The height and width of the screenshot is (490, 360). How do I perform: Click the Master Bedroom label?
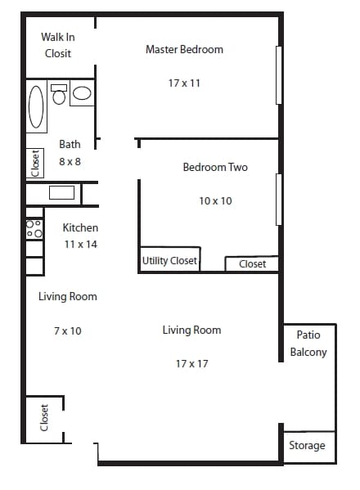184,50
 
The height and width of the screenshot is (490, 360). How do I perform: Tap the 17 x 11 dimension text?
184,83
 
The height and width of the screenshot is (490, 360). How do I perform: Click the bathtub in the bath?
37,106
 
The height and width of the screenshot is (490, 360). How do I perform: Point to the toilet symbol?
59,95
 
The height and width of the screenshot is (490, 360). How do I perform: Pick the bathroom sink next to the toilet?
82,93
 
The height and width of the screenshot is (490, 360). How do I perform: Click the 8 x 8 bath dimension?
70,162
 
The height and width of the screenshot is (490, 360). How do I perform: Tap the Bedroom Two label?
214,168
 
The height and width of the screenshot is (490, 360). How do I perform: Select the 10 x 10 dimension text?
215,200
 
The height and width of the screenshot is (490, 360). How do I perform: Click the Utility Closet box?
169,261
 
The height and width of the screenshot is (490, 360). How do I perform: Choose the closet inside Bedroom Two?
252,263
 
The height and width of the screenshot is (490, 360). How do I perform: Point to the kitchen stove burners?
34,228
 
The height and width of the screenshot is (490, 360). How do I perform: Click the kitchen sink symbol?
61,194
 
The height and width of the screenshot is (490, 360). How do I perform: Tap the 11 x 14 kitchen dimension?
81,244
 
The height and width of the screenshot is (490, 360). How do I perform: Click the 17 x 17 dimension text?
191,363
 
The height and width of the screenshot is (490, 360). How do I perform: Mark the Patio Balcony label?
308,344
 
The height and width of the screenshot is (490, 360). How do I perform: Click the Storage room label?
308,446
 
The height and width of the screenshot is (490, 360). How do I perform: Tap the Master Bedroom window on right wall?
279,75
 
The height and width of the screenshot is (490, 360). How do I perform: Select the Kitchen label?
81,227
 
